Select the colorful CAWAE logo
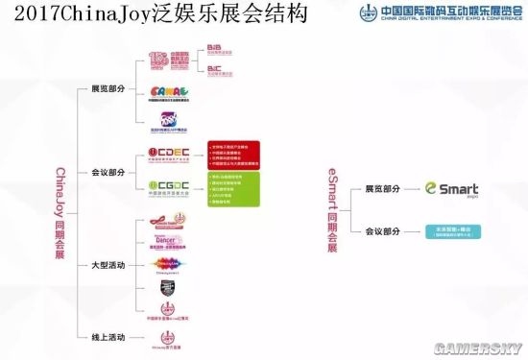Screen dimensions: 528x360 pos(168,94)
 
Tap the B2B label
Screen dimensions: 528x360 pos(217,47)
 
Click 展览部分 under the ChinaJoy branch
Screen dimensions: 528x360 pos(108,88)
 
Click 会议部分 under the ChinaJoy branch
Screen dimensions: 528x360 pos(108,172)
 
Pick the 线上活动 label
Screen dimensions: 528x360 pos(108,335)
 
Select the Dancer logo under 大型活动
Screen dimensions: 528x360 pos(169,242)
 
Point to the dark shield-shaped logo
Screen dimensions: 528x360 pos(169,287)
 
